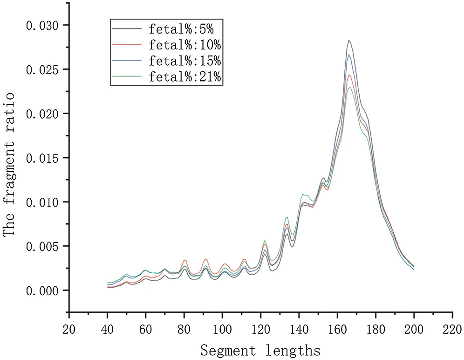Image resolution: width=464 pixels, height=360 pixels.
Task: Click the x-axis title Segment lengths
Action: [260, 350]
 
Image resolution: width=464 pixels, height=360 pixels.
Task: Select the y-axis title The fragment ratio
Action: [10, 164]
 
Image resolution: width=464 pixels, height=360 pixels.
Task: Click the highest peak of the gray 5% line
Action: [348, 41]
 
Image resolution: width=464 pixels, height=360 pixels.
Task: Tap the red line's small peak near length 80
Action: [185, 260]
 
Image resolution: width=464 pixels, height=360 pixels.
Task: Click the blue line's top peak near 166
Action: [349, 55]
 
